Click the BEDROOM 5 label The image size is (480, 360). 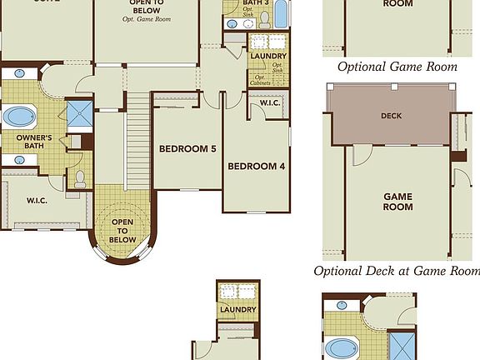tap(187, 148)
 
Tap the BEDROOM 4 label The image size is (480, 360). tap(256, 166)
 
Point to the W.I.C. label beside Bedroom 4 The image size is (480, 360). tap(268, 103)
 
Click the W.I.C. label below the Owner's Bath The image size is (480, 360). tap(36, 200)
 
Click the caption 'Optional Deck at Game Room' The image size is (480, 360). tap(397, 271)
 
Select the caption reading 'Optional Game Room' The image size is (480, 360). tap(397, 67)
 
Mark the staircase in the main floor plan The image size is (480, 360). tap(137, 142)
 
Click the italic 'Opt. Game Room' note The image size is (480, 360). tap(146, 17)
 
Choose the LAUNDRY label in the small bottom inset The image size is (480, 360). tap(237, 310)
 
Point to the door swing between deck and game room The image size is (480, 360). tap(360, 155)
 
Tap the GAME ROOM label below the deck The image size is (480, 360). tap(397, 203)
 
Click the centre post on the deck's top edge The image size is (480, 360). tap(391, 86)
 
